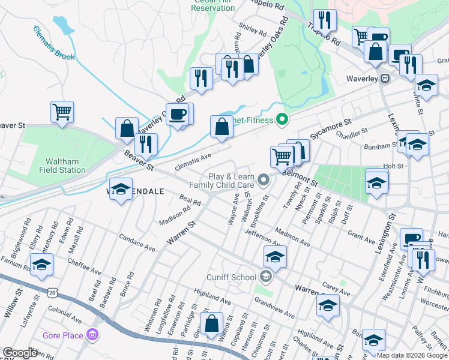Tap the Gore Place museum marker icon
coord(93,334)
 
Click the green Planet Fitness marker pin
coord(280,120)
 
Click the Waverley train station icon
coord(385,79)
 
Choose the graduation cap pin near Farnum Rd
coord(41,265)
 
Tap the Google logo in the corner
coord(20,353)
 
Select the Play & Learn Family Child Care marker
coord(263,179)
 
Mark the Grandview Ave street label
coord(274,307)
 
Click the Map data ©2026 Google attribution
coord(411,355)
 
